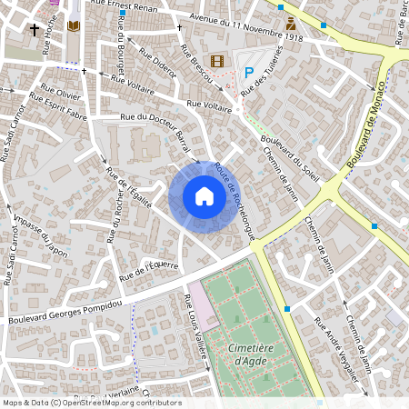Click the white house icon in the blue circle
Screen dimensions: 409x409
click(204, 196)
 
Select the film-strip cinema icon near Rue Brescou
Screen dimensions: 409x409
click(216, 61)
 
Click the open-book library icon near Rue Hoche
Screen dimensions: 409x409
click(74, 27)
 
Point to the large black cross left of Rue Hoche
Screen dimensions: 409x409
click(35, 30)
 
